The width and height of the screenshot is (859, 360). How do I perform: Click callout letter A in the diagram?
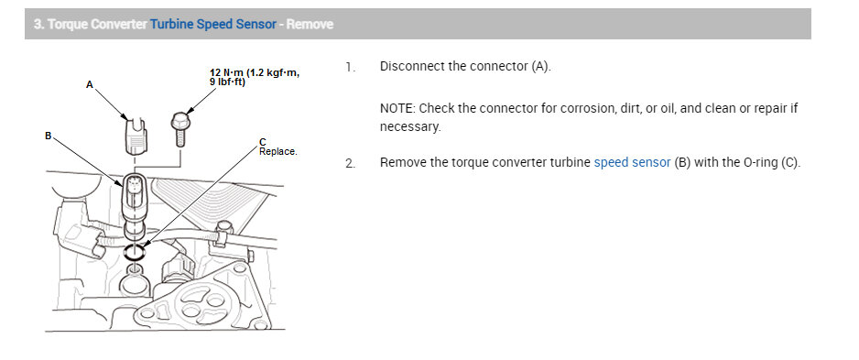pos(90,84)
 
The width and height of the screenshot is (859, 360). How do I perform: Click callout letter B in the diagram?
pos(49,136)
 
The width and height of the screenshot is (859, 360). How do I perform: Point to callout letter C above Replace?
pos(263,142)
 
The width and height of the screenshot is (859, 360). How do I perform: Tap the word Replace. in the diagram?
pos(278,151)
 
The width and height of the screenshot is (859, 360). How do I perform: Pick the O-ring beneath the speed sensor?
pos(136,251)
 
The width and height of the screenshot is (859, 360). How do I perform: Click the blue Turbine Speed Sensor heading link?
pos(212,24)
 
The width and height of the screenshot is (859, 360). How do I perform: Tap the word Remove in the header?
pos(310,24)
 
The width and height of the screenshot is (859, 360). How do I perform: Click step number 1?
pos(349,67)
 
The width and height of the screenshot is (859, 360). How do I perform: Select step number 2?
pos(349,164)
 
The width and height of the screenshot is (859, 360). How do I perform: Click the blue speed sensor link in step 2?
pos(632,163)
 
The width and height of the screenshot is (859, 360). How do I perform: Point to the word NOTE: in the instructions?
pos(399,108)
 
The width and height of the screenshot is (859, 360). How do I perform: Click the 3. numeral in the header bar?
pos(38,24)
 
